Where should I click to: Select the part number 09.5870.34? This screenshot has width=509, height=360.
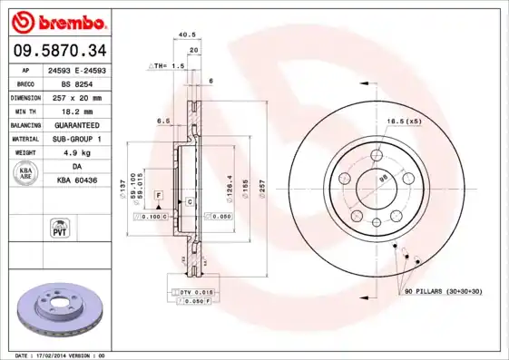[56, 49]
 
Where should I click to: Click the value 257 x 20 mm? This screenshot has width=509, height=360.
[76, 97]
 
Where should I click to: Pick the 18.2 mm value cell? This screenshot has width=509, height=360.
[76, 111]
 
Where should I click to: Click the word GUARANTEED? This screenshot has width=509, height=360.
[76, 124]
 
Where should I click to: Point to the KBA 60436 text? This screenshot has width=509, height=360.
[76, 181]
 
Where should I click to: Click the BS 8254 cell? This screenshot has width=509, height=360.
[76, 83]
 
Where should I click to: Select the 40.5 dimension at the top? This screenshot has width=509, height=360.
[187, 35]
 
